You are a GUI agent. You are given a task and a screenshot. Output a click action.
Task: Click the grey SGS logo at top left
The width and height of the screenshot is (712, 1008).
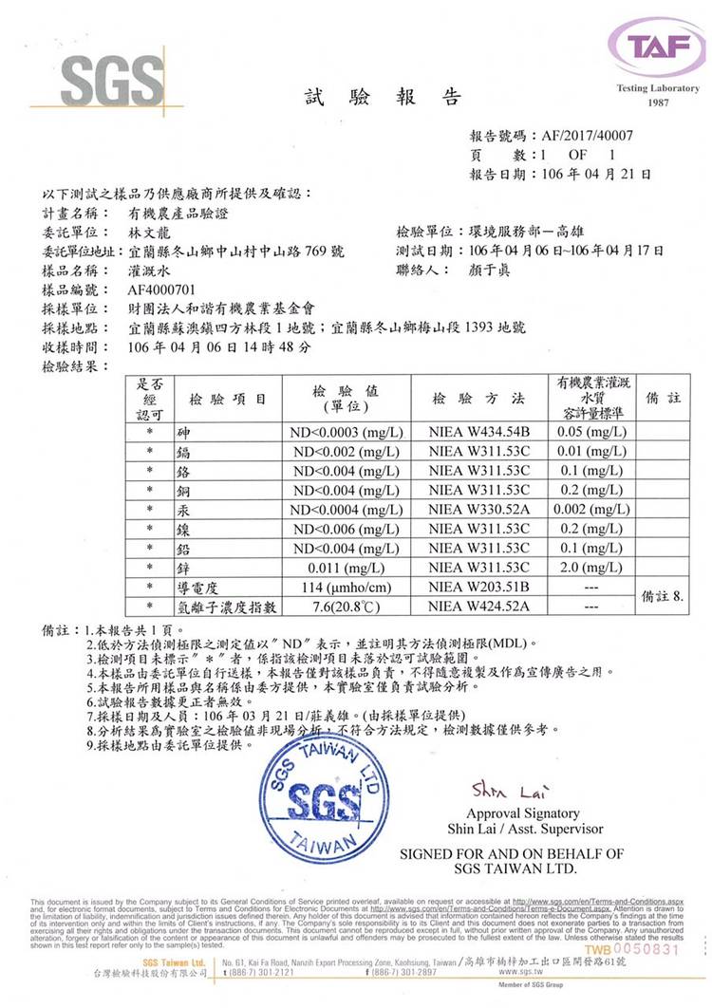coord(100,77)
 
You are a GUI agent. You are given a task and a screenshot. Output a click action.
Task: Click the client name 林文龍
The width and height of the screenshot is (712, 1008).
coord(150,232)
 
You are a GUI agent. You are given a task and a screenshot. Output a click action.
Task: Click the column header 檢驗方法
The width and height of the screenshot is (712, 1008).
coord(478,399)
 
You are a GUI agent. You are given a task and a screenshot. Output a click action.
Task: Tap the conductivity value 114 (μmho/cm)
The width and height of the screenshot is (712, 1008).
coord(346,588)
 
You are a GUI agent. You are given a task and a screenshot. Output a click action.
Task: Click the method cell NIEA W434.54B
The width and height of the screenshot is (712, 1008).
coord(478,433)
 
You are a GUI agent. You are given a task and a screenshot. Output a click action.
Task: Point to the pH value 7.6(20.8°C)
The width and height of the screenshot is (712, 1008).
coord(346,606)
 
